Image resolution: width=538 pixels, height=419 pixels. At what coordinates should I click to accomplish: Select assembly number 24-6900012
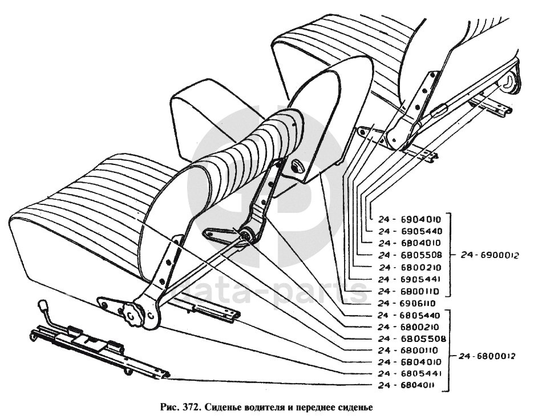click(490, 255)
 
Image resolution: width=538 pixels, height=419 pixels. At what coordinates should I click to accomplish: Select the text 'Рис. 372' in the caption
click(180, 408)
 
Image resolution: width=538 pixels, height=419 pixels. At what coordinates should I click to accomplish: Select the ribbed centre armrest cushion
click(240, 154)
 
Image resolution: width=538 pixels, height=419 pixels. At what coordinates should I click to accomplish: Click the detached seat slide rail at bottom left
click(97, 348)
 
